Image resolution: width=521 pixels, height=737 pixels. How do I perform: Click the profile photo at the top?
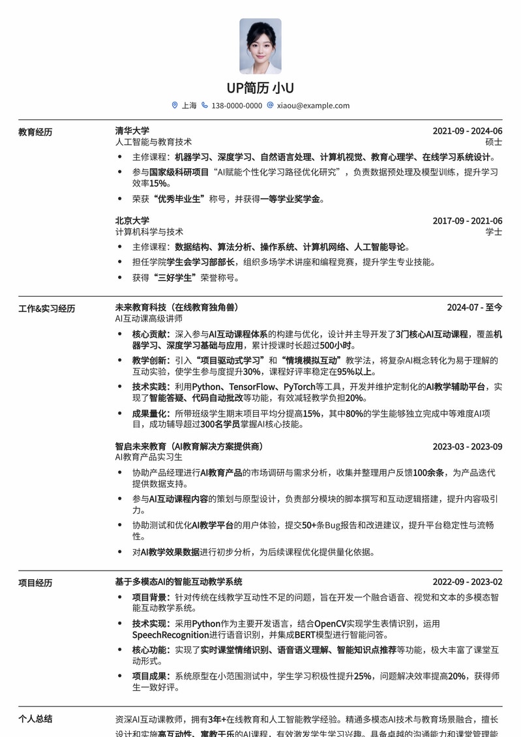click(x=260, y=46)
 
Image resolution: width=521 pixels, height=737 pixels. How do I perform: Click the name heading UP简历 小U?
click(x=260, y=88)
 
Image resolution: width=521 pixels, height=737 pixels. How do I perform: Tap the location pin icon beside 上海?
click(x=175, y=105)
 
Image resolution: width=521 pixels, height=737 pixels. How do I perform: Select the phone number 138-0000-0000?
click(x=237, y=106)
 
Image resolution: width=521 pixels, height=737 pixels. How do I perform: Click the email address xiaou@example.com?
click(x=313, y=106)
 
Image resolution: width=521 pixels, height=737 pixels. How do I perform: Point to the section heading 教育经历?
click(x=35, y=132)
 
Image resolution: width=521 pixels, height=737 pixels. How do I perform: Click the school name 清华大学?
click(x=132, y=130)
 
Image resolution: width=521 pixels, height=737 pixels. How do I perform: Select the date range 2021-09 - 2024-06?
click(x=467, y=131)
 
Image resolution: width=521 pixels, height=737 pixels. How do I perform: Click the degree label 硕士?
click(x=494, y=142)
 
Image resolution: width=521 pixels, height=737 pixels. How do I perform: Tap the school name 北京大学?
click(x=132, y=220)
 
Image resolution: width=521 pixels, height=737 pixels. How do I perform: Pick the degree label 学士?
click(x=494, y=232)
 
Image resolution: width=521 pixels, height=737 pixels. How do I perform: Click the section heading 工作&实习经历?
click(x=46, y=308)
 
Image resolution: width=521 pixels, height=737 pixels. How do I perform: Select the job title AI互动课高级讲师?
click(x=149, y=318)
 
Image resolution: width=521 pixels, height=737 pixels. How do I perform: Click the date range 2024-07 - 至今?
click(x=474, y=307)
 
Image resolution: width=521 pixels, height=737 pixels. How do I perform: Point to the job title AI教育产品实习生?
click(x=149, y=457)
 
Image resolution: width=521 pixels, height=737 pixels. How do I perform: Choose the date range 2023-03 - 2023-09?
click(x=467, y=447)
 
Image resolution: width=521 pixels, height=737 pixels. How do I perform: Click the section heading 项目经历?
click(x=35, y=583)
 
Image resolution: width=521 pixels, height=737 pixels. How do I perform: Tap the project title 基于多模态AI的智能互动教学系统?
click(x=179, y=582)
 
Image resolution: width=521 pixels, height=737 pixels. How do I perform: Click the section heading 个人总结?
click(x=35, y=719)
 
